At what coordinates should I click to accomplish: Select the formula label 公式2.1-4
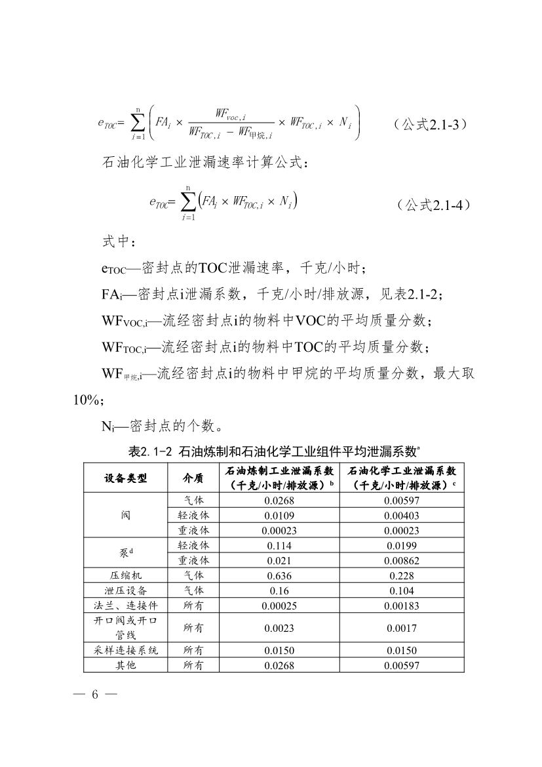tap(433, 204)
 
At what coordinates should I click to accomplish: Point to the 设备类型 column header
tap(125, 478)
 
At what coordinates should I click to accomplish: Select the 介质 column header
tap(193, 478)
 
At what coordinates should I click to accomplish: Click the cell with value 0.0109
tap(279, 515)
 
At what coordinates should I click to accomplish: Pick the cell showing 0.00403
tap(401, 515)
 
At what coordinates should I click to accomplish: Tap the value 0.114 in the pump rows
tap(279, 545)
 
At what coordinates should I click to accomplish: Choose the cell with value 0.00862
tap(401, 560)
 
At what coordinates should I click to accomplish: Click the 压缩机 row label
tap(125, 575)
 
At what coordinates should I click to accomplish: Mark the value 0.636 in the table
tap(279, 575)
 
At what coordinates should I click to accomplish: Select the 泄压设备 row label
tap(125, 591)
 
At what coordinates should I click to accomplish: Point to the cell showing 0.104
tap(401, 591)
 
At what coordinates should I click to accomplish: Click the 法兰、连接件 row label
tap(125, 605)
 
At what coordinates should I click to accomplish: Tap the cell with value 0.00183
tap(401, 605)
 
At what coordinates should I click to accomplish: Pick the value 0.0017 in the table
tap(401, 628)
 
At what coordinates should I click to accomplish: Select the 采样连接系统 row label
tap(125, 651)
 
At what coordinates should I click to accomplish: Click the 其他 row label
tap(125, 665)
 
